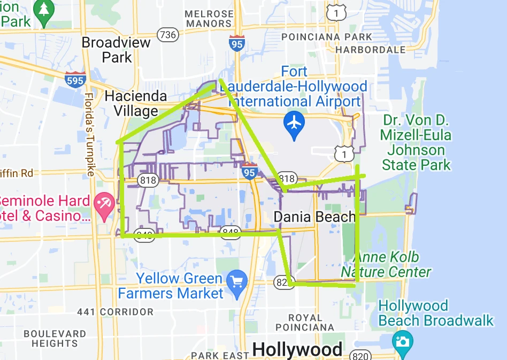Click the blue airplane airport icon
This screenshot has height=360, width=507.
pyautogui.click(x=294, y=121)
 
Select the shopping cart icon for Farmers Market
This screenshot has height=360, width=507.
pyautogui.click(x=236, y=280)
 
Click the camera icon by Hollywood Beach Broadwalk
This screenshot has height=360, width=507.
pyautogui.click(x=402, y=340)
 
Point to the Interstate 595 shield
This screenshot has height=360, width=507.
pyautogui.click(x=75, y=80)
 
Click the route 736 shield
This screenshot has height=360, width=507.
pyautogui.click(x=167, y=35)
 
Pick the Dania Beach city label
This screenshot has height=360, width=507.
pyautogui.click(x=314, y=217)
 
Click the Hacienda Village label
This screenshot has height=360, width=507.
pyautogui.click(x=136, y=104)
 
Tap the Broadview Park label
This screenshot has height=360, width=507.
pyautogui.click(x=117, y=50)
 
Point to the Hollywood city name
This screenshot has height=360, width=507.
pyautogui.click(x=297, y=350)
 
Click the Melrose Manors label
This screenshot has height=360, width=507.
pyautogui.click(x=209, y=19)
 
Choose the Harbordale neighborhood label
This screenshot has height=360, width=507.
pyautogui.click(x=370, y=50)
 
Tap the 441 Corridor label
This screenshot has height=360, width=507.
pyautogui.click(x=115, y=311)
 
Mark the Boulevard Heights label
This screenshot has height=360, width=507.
pyautogui.click(x=55, y=339)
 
